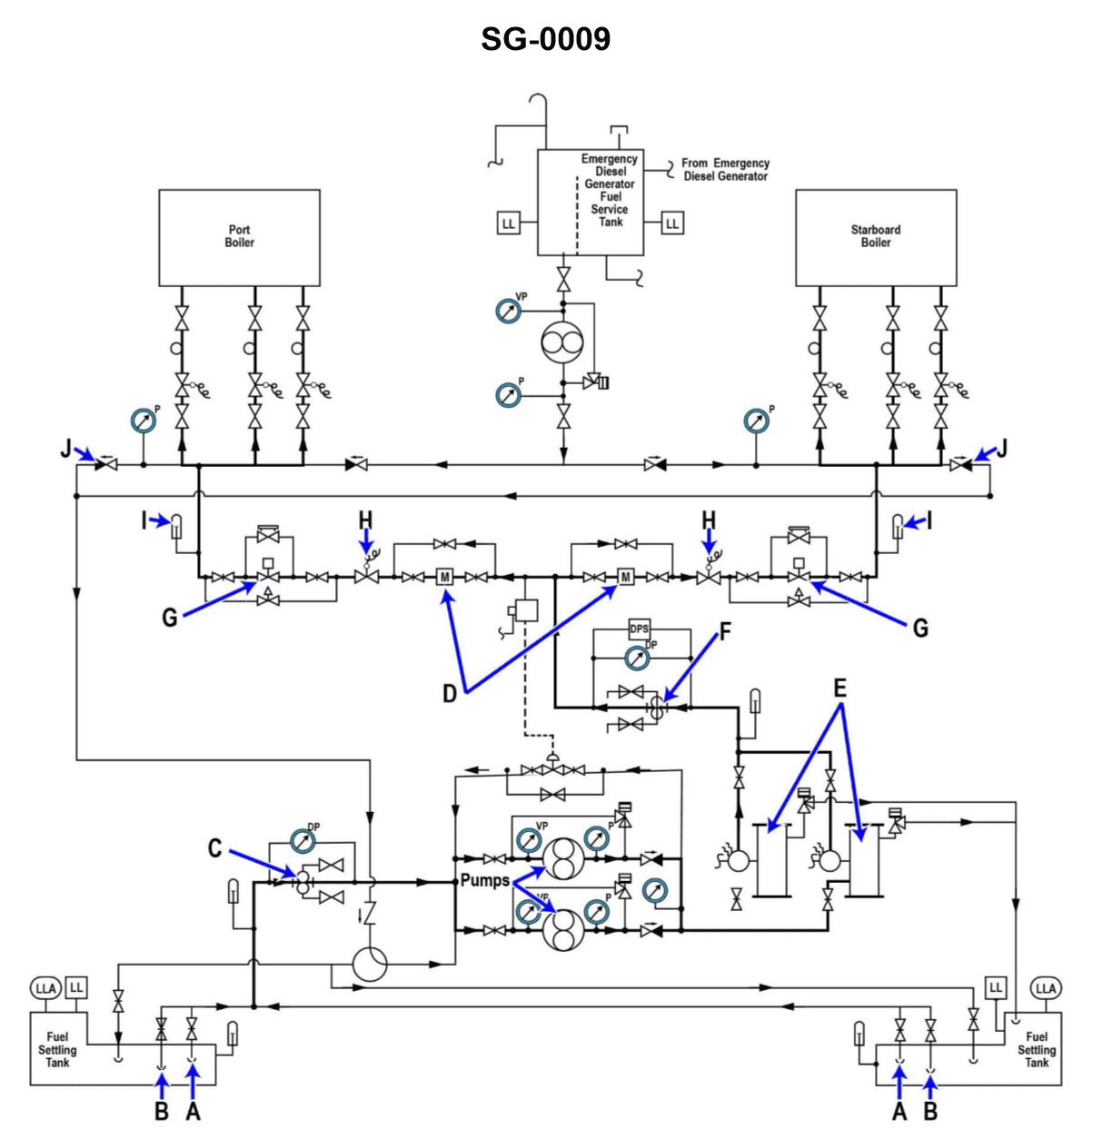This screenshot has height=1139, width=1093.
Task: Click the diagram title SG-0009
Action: [545, 39]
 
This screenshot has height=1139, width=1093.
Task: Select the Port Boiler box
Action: [239, 237]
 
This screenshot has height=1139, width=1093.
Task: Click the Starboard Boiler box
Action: [875, 237]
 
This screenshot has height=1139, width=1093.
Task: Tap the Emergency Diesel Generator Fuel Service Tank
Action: [591, 202]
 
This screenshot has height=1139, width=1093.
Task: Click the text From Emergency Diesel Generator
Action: [725, 170]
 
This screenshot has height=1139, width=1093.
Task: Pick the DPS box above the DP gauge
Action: [640, 629]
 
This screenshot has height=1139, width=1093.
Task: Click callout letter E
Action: [840, 688]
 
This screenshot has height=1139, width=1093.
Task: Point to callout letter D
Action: [450, 694]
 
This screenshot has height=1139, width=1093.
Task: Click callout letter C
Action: [214, 848]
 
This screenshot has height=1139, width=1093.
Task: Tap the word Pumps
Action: [484, 880]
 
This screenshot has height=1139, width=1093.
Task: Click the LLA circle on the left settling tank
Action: [45, 988]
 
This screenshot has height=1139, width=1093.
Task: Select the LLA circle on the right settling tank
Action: [1046, 988]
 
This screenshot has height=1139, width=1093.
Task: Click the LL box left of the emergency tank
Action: [508, 223]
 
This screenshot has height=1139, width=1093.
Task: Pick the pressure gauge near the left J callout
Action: [143, 421]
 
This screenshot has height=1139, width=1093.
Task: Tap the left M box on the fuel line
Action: [445, 577]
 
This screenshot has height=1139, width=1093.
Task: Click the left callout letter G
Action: [170, 619]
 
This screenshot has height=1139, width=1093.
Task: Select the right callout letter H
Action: [708, 520]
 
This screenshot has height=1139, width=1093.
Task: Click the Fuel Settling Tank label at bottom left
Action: [56, 1049]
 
